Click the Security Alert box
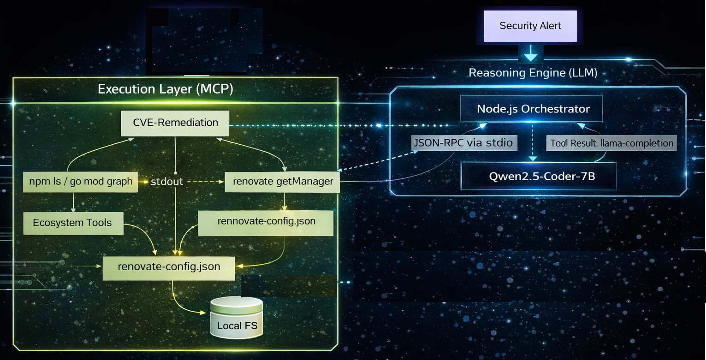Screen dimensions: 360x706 (x=530, y=26)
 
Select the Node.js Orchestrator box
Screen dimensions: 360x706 (x=533, y=109)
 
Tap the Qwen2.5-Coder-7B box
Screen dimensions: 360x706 (x=538, y=176)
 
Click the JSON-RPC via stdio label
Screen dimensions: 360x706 (x=463, y=143)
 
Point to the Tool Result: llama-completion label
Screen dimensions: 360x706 (x=611, y=143)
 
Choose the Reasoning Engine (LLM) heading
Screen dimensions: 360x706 (x=533, y=73)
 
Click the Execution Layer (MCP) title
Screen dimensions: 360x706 (x=165, y=89)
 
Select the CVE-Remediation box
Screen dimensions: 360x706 (x=175, y=123)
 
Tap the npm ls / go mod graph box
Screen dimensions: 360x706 (x=81, y=182)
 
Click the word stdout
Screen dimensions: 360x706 (x=167, y=182)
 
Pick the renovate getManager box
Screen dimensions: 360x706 (x=283, y=182)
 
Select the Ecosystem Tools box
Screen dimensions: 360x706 (x=72, y=223)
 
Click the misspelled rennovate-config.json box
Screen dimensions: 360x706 (x=266, y=222)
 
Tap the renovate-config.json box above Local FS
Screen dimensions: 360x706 (x=169, y=267)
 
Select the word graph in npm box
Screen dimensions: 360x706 (x=120, y=182)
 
